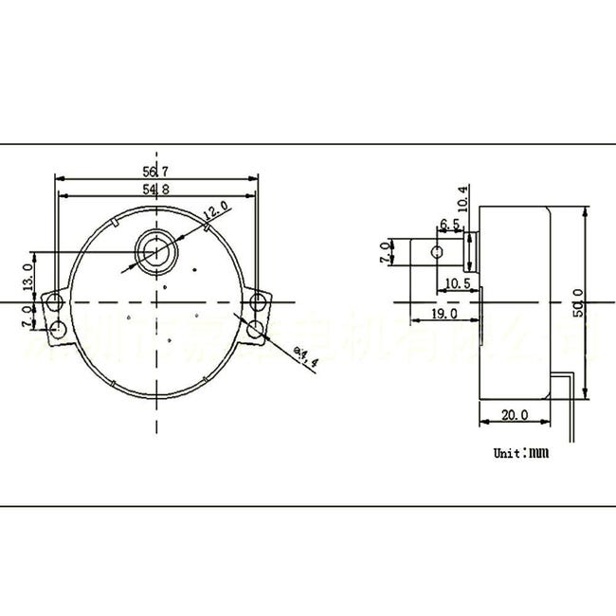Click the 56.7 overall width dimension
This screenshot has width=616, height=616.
(155, 172)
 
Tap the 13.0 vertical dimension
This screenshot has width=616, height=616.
(27, 278)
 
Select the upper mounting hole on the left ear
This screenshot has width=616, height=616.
(54, 301)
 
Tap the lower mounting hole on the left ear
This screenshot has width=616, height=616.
(57, 329)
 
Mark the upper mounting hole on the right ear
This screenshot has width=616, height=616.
(259, 302)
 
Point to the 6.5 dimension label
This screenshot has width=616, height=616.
(449, 225)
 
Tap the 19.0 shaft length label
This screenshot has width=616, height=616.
(444, 313)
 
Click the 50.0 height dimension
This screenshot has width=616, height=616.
(578, 303)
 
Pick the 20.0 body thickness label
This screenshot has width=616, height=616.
(515, 415)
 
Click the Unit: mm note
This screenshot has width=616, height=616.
(520, 452)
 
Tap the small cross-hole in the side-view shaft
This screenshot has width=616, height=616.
(436, 252)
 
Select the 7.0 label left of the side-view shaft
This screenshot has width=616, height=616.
(384, 252)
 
